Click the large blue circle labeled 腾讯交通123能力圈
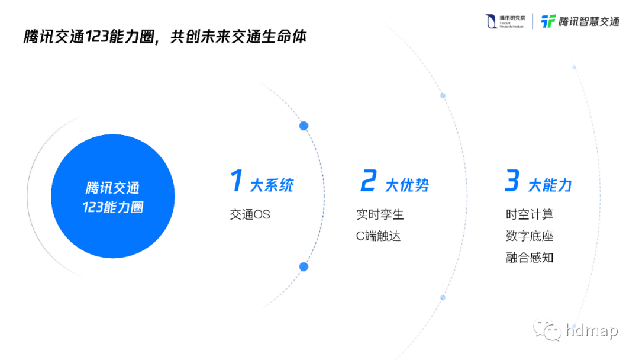coord(113,197)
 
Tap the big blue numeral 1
coord(237,181)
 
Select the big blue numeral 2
coord(368,181)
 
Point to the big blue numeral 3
coord(512,181)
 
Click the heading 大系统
coord(272,185)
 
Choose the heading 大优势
coord(407,185)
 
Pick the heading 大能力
coord(550,185)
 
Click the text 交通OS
coord(250,214)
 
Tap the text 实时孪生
coord(380,214)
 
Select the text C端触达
coord(378,236)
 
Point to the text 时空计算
coord(530,214)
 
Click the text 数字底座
coord(530,236)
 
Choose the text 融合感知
coord(530,258)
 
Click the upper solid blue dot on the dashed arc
coord(304,126)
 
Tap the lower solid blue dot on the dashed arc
coord(304,266)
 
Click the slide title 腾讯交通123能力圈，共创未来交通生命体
coord(166,37)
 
